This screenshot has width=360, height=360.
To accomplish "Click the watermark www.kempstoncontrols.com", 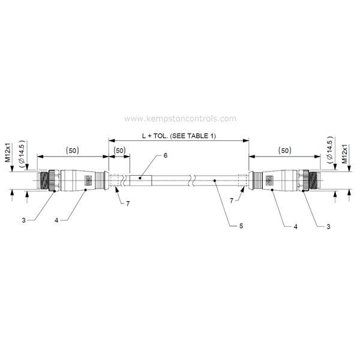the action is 180,119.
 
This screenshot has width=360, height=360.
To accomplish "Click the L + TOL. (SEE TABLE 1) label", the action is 179,136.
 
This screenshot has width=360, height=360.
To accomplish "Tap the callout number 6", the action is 166,155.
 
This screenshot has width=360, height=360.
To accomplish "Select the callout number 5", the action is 241,226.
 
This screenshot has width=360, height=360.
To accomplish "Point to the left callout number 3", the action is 23,220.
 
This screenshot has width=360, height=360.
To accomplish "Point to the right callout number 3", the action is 328,227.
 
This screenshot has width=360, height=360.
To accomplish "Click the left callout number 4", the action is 56,220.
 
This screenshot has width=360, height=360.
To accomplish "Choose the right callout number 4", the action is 295,227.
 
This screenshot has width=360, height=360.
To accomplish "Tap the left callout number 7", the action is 128,203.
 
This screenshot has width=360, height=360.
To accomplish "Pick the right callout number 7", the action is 232,200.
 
